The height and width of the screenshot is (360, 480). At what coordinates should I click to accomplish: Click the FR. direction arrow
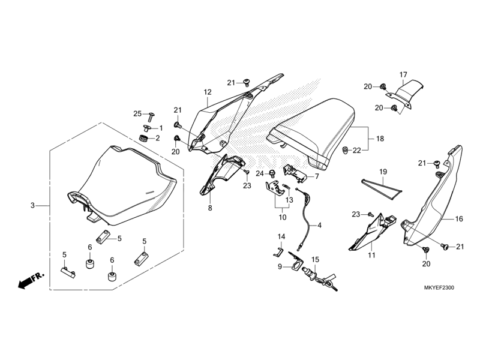31,280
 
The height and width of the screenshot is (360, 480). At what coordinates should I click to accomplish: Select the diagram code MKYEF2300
439,288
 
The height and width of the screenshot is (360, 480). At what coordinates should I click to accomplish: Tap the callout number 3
33,205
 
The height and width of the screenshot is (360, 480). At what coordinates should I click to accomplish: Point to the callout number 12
208,92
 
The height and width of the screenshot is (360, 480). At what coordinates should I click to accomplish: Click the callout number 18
380,139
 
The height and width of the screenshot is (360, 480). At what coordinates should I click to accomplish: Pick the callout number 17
403,74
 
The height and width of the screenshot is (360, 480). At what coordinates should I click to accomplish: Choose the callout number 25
137,114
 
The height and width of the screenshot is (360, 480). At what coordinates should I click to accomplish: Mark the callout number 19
383,172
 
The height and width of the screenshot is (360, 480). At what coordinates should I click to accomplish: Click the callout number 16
459,219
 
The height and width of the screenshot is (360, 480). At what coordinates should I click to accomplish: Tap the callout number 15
316,260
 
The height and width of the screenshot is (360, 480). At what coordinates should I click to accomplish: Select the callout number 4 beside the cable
320,226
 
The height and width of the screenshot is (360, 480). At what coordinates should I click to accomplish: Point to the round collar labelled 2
143,138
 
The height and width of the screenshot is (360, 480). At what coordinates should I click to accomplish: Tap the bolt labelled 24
272,173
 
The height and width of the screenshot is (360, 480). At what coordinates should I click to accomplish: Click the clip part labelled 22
346,150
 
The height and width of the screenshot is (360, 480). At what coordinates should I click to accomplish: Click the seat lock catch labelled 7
296,173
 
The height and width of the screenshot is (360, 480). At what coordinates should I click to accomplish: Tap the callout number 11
371,255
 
